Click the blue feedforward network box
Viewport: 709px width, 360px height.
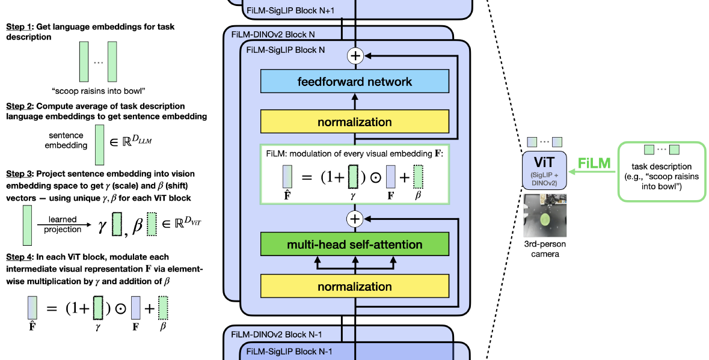coord(355,81)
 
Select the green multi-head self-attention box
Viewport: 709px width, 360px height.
coord(355,245)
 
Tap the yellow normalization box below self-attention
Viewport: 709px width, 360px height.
coord(355,286)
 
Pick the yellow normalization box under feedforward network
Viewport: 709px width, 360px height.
coord(355,122)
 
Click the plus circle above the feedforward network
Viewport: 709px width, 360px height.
coord(355,55)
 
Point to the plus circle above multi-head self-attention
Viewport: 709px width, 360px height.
coord(355,219)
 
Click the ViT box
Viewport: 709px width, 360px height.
coord(544,170)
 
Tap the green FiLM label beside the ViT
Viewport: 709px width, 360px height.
coord(594,163)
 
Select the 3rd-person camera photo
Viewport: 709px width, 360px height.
coord(545,215)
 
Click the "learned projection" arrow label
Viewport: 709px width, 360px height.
coord(63,225)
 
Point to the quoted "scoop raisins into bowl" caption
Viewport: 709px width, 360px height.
coord(98,91)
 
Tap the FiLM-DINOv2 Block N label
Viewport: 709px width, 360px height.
coord(273,34)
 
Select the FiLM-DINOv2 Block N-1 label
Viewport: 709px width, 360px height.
coord(277,335)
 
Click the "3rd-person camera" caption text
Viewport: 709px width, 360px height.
coord(545,249)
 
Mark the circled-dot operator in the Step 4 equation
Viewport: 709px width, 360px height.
coord(120,308)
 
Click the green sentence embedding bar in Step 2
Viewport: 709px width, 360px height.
coord(99,145)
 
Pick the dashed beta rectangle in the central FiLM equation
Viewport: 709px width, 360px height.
coord(419,177)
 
